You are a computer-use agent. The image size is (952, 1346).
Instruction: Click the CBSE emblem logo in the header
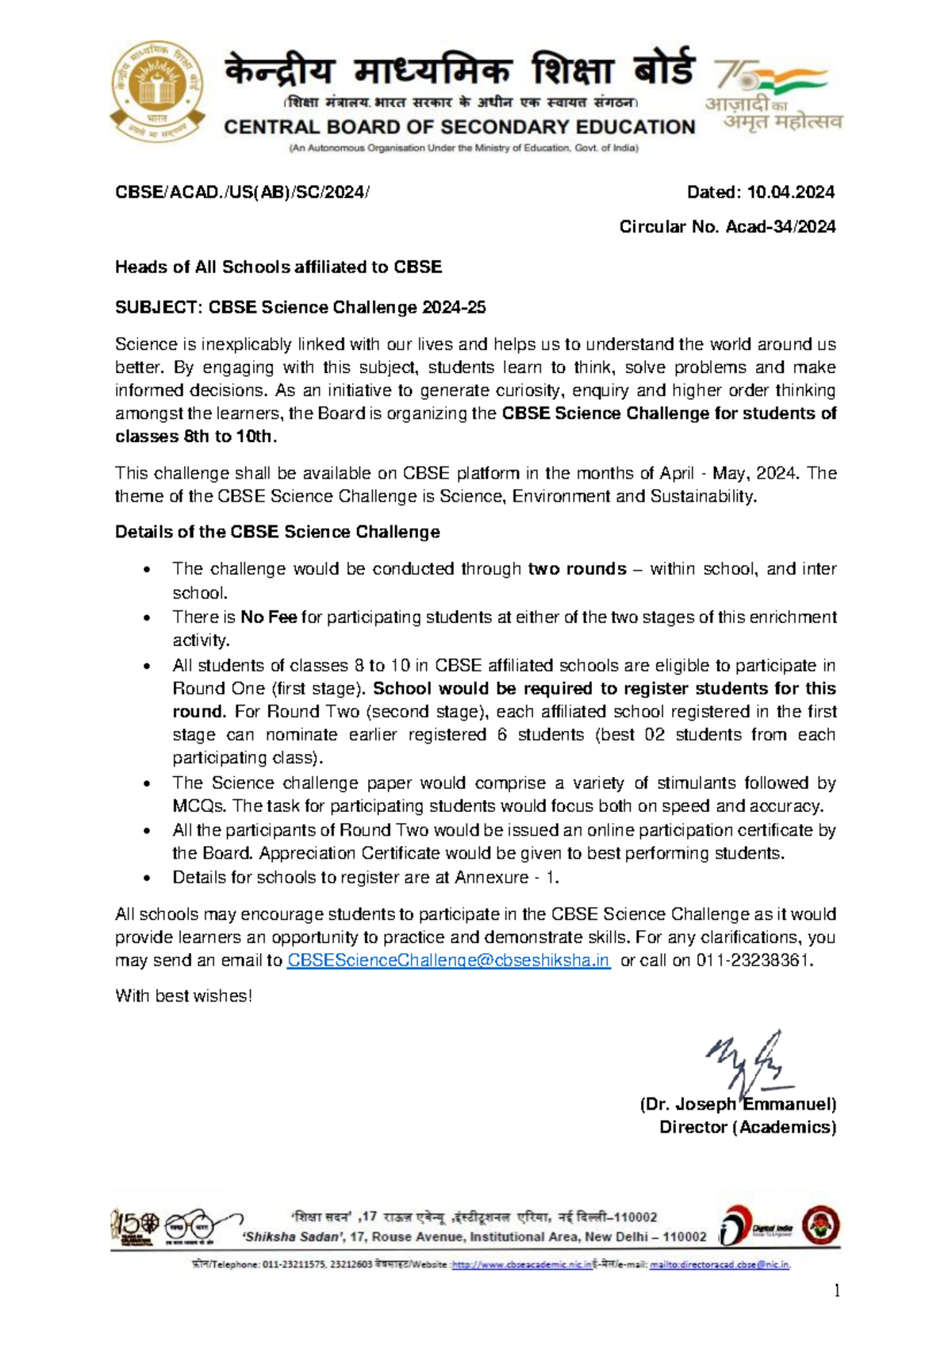pos(158,92)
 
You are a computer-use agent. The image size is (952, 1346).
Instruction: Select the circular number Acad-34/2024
pos(780,227)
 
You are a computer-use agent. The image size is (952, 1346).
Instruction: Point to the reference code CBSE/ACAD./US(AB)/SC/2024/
pos(242,192)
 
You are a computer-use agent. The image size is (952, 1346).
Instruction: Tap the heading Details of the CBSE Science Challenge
pos(277,532)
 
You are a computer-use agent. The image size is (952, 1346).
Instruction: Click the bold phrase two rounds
pos(577,569)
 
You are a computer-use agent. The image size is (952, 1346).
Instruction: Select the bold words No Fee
pos(269,617)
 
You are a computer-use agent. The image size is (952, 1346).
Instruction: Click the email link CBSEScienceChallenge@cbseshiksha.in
pos(447,960)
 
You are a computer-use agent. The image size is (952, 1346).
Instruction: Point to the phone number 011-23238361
pos(753,960)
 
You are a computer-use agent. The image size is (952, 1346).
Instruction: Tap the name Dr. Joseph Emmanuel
pos(738,1104)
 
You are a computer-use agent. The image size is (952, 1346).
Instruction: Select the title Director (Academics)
pos(747,1127)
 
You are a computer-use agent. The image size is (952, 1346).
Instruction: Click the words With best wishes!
pos(183,996)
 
